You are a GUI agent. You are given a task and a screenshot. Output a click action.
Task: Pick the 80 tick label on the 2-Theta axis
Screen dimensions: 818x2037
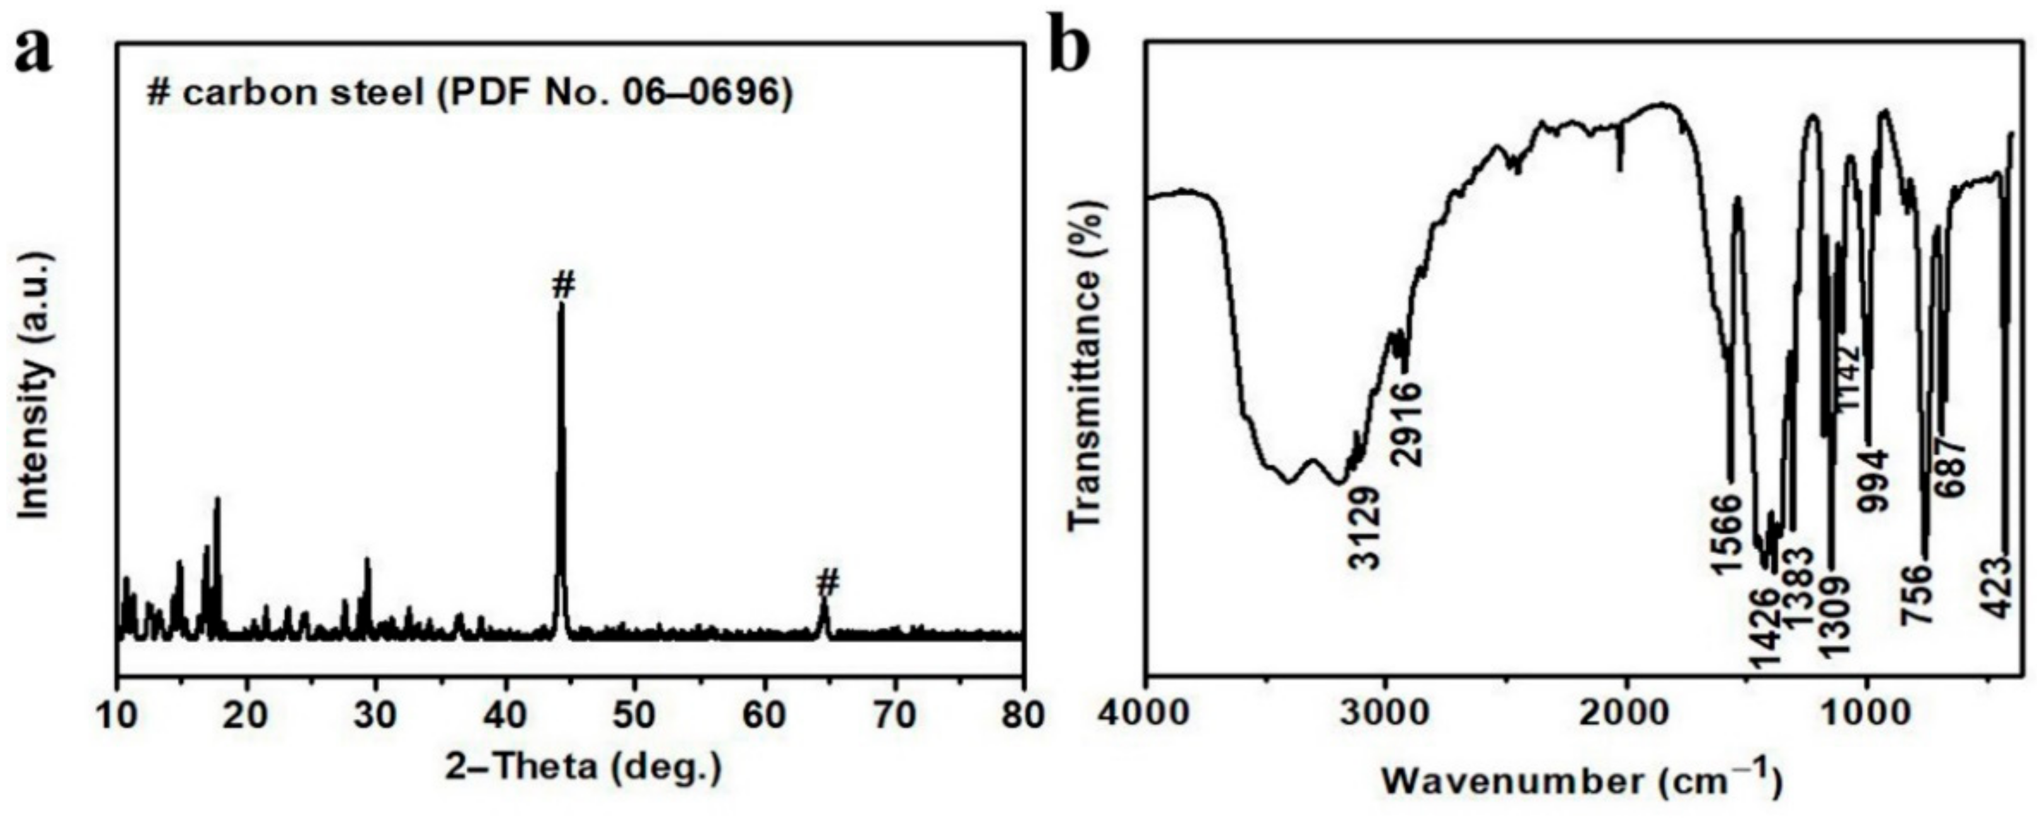(1022, 716)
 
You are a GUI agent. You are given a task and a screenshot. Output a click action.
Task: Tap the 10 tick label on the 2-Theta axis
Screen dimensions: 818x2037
(118, 716)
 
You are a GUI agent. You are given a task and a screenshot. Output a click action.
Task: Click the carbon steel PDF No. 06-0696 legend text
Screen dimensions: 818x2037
(470, 94)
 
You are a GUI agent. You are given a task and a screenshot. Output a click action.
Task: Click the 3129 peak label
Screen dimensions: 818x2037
(1366, 526)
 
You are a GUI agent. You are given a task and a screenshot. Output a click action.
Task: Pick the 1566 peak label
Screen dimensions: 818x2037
(1726, 534)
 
